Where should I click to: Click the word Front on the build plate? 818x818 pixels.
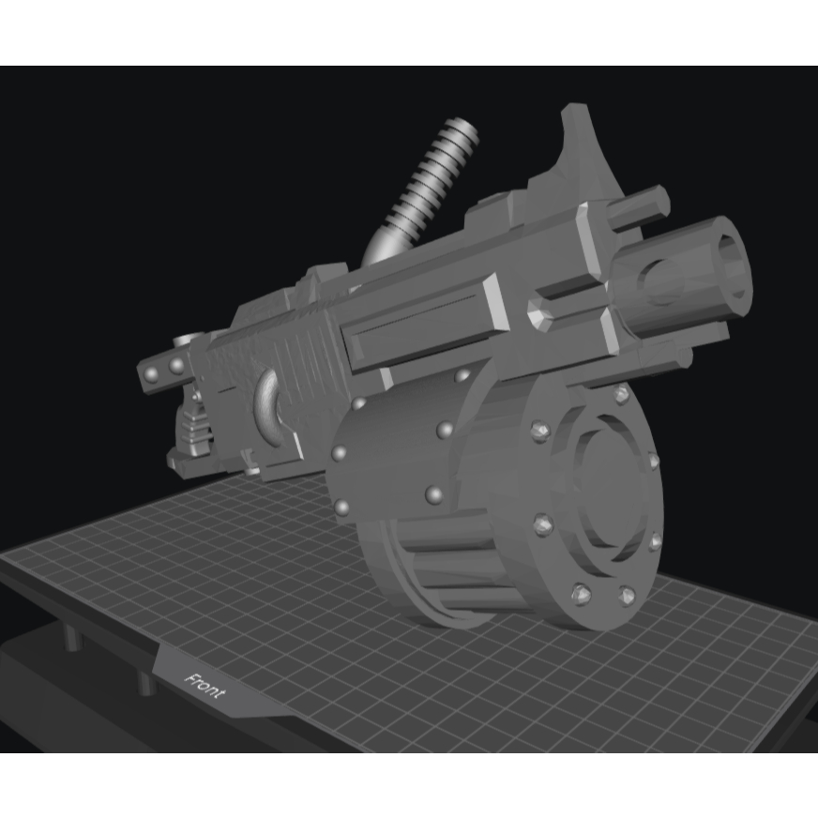205,686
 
